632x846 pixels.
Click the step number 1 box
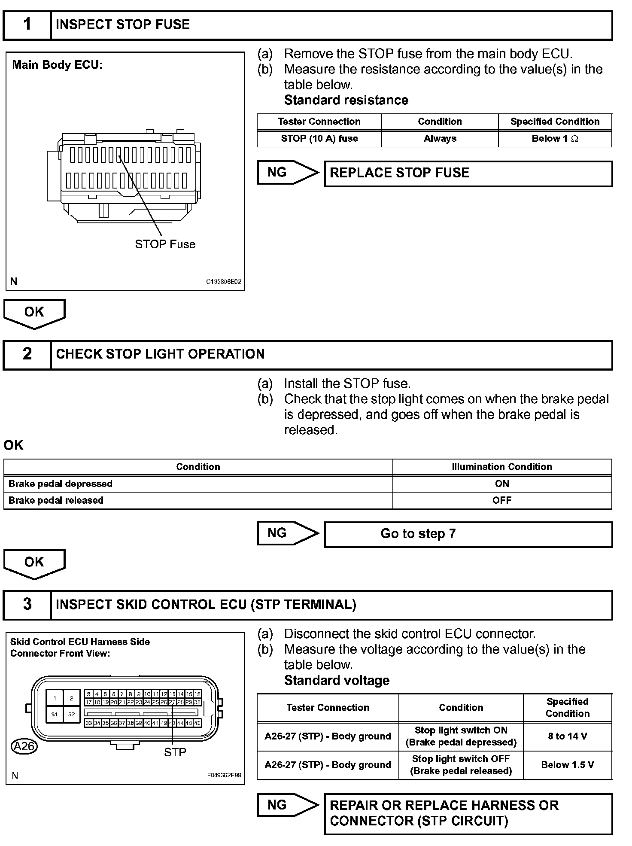(x=27, y=25)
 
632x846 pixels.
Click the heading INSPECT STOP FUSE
(x=123, y=25)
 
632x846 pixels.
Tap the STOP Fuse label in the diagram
(x=165, y=244)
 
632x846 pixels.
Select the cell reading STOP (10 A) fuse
(x=319, y=139)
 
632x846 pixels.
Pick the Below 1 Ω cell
(x=555, y=139)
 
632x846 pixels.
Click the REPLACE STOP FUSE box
(x=468, y=173)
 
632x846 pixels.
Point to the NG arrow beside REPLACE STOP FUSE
(x=287, y=173)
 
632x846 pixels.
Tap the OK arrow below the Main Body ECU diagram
(x=34, y=313)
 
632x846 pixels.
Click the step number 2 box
(x=27, y=354)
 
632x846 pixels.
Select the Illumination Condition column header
(x=501, y=467)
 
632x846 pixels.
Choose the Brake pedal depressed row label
(x=61, y=484)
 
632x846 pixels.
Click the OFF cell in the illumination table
(x=501, y=501)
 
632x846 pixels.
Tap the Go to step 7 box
(x=468, y=534)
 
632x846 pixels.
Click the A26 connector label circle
(x=24, y=746)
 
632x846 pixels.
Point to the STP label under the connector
(x=175, y=752)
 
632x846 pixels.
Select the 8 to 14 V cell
(x=567, y=736)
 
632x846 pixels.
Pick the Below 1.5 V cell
(x=567, y=765)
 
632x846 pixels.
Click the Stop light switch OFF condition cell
(x=461, y=765)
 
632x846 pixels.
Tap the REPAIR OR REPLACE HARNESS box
(x=468, y=813)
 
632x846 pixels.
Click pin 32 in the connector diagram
(x=72, y=715)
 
